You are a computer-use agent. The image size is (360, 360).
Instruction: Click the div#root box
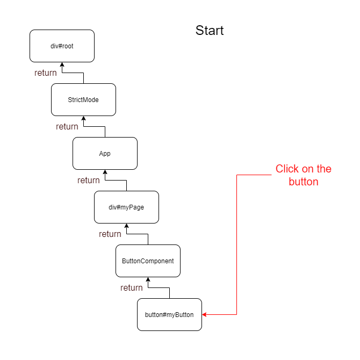tap(62, 46)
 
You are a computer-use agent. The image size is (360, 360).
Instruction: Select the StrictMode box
tap(83, 100)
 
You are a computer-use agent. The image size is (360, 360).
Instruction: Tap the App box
tap(105, 154)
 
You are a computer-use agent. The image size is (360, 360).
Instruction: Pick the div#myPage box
tap(126, 207)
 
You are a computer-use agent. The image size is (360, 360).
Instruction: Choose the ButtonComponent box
tap(148, 261)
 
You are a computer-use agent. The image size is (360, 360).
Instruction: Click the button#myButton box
tap(169, 315)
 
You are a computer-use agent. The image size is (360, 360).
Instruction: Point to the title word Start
tap(210, 31)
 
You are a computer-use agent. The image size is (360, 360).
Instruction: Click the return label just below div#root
tap(46, 73)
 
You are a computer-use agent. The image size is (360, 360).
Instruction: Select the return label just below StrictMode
tap(67, 127)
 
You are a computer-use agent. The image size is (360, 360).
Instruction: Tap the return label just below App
tap(89, 181)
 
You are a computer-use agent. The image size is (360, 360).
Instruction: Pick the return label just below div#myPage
tap(110, 234)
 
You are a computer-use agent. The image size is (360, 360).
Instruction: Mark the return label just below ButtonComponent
tap(132, 288)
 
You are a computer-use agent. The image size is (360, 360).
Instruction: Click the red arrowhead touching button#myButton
tap(205, 315)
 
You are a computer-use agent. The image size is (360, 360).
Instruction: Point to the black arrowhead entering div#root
tap(62, 65)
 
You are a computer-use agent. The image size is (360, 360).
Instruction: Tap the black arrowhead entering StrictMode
tap(83, 119)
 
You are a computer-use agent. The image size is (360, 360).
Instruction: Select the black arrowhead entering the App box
tap(105, 172)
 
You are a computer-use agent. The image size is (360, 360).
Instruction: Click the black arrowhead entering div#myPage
tap(126, 226)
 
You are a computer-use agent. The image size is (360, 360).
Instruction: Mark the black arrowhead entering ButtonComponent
tap(148, 280)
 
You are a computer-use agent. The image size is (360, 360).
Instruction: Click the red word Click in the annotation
tap(287, 169)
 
